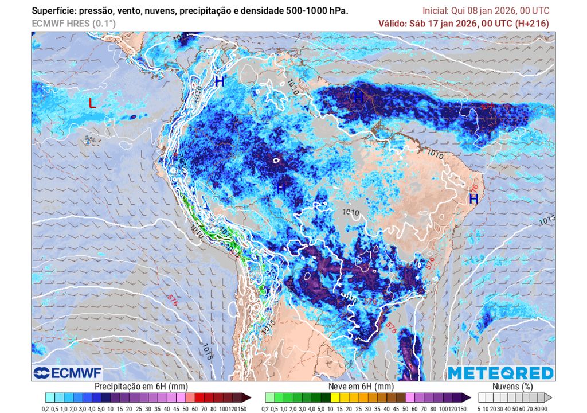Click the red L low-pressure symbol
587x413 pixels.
pos(91,104)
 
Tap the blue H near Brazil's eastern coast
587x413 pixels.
pos(474,199)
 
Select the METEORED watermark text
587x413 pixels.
pos(500,373)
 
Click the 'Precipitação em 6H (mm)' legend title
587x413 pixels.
pos(141,387)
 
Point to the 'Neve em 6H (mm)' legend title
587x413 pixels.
pos(361,387)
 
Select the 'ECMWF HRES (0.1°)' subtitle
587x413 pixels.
pos(73,24)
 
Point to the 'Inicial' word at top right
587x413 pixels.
pos(436,11)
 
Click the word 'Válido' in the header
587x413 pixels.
pos(393,24)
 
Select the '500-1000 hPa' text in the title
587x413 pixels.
pos(319,11)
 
